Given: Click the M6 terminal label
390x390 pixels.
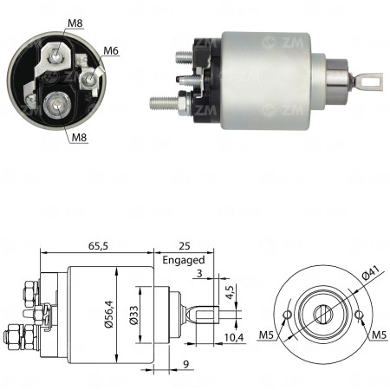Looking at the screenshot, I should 111,51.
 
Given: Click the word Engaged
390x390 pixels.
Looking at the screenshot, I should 183,259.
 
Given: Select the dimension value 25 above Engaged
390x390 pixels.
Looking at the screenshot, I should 183,245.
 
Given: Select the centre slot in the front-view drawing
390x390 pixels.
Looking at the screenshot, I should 322,314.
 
